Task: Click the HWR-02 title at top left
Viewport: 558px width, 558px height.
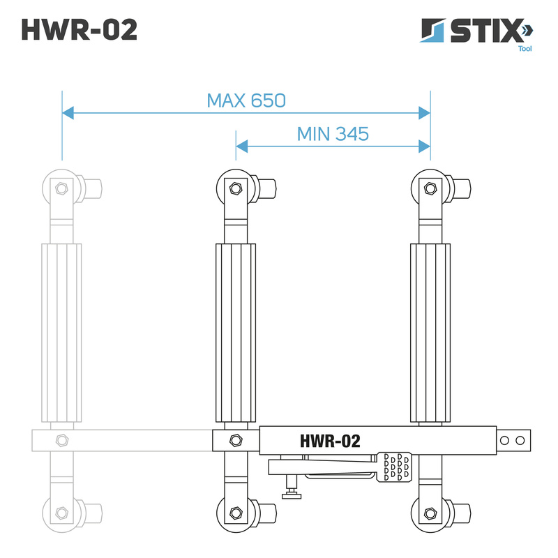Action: [80, 29]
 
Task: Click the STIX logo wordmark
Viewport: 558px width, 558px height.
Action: [485, 31]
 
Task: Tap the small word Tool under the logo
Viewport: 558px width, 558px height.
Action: [525, 49]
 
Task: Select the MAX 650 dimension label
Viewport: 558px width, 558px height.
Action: [246, 100]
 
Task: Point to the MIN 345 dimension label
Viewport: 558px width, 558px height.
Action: [333, 134]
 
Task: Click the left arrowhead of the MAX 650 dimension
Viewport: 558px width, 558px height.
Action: [68, 113]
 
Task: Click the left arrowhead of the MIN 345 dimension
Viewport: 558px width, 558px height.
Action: [242, 146]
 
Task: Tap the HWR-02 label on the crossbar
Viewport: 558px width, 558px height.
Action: [330, 441]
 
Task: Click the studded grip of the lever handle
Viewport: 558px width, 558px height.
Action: [394, 467]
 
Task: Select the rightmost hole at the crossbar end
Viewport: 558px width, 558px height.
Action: [520, 441]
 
